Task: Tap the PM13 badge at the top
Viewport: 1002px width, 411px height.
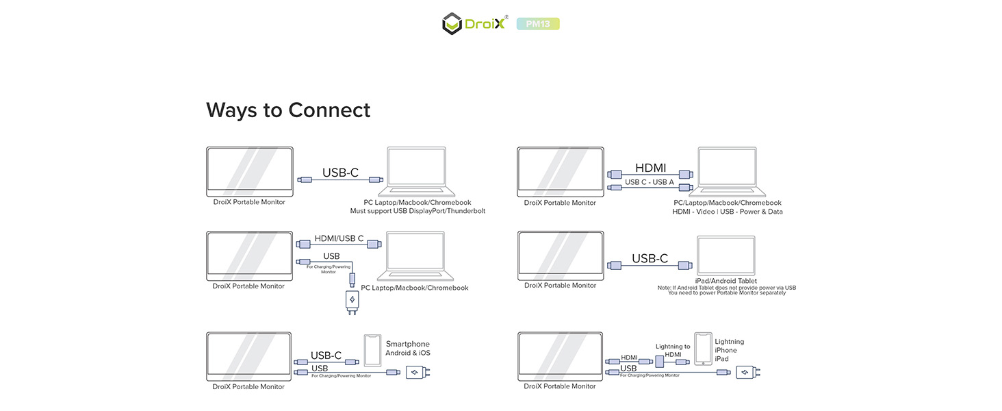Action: click(x=538, y=24)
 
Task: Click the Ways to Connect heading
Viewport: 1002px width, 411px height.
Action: click(x=288, y=110)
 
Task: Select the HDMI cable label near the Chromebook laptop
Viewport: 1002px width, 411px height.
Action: click(x=650, y=168)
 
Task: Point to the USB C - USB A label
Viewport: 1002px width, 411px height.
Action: click(x=650, y=182)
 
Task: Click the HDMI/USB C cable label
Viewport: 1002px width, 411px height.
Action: click(x=339, y=238)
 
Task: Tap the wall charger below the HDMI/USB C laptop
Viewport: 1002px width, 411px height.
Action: click(x=352, y=301)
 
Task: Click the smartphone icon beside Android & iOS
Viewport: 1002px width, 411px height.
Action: click(x=372, y=350)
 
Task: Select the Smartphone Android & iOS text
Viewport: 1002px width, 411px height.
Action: click(x=408, y=349)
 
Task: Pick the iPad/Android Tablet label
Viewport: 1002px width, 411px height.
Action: click(x=725, y=281)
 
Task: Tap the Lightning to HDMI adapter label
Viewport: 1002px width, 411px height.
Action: click(x=673, y=350)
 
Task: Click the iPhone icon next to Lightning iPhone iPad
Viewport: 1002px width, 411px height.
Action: click(x=703, y=349)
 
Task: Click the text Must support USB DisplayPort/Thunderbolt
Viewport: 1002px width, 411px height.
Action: click(x=417, y=211)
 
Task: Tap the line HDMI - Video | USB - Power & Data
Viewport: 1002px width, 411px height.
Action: click(x=728, y=212)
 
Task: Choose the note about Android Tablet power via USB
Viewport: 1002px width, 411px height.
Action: click(x=727, y=290)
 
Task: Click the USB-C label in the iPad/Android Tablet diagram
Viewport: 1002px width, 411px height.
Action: click(x=650, y=258)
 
